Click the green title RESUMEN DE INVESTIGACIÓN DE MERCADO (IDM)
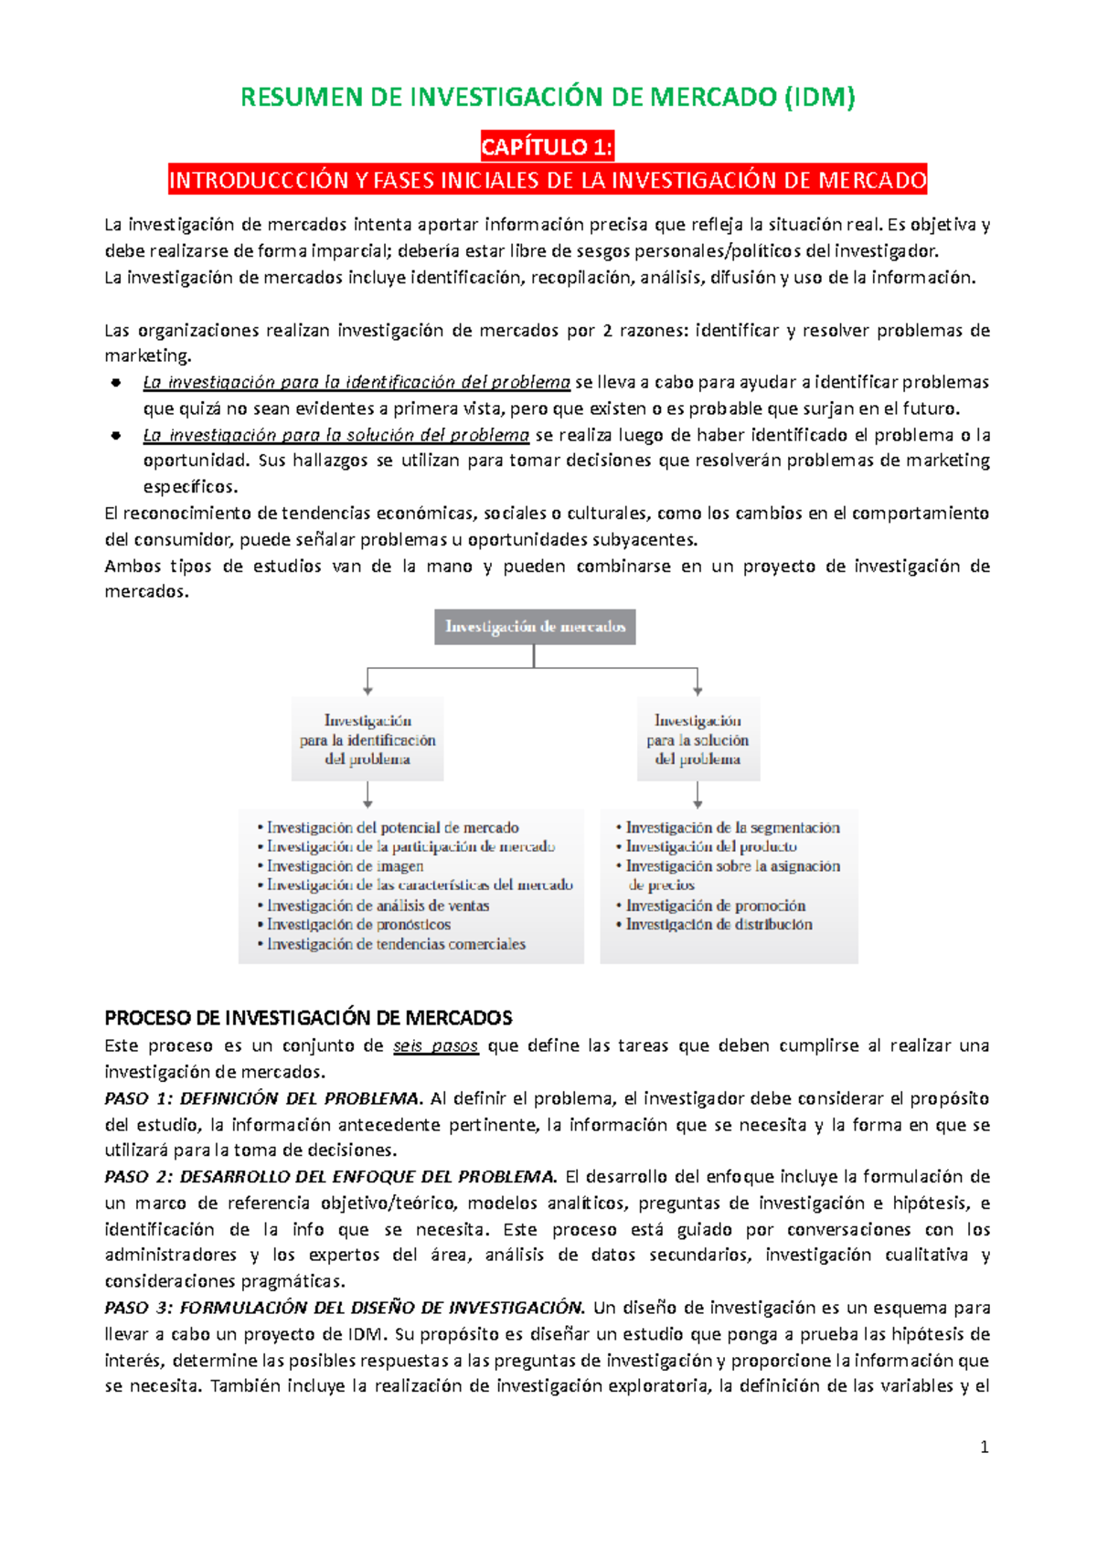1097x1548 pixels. (x=548, y=97)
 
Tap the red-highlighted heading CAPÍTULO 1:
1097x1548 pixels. (x=548, y=146)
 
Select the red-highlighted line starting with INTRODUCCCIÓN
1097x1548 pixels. (x=548, y=180)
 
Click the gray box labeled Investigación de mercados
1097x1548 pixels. (x=535, y=627)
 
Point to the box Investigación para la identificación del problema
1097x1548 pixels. (x=367, y=739)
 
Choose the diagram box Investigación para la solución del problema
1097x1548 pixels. (x=698, y=739)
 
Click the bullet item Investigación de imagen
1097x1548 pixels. (x=345, y=866)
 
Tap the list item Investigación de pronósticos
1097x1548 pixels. (x=358, y=925)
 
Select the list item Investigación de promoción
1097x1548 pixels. (x=715, y=906)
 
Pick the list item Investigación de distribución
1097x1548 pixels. (x=719, y=925)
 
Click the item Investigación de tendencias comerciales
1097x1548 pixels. (x=396, y=944)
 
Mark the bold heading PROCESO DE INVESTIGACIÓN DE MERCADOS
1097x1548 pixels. (x=308, y=1018)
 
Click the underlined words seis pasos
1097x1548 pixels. (x=435, y=1045)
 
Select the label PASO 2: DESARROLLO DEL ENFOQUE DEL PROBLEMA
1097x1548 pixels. (x=330, y=1177)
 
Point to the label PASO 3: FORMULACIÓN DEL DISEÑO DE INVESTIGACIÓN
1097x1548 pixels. (x=344, y=1308)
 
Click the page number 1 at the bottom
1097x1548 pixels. (x=985, y=1447)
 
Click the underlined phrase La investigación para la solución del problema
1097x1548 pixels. (x=335, y=435)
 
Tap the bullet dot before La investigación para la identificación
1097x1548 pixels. (x=116, y=383)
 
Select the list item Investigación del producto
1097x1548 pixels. (x=710, y=847)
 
